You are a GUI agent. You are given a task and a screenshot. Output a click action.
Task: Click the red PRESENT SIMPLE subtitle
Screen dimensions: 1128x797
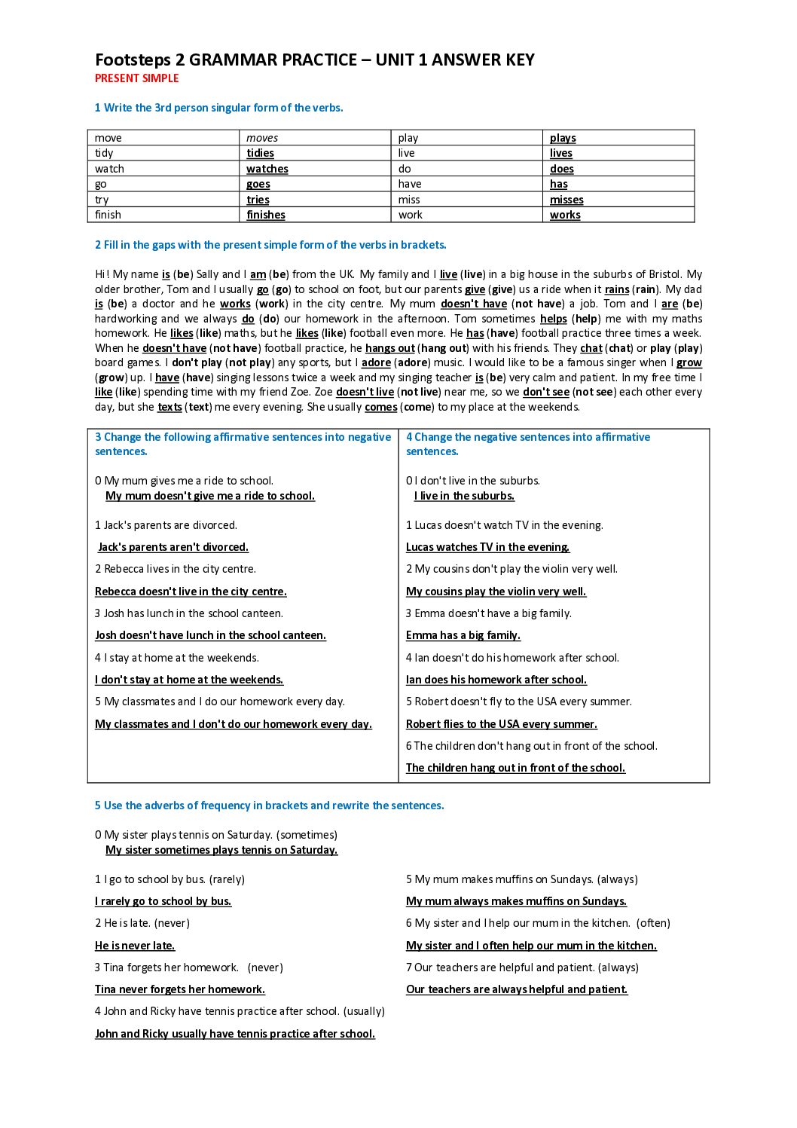[136, 78]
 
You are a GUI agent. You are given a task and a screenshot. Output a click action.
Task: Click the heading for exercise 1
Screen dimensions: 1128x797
[218, 108]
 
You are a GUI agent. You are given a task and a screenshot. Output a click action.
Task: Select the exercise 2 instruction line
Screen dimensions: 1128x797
[270, 245]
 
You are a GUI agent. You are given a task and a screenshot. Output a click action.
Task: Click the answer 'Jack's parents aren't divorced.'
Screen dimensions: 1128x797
[173, 547]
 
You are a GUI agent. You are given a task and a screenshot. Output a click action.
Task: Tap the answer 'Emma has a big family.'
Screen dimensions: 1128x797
[463, 635]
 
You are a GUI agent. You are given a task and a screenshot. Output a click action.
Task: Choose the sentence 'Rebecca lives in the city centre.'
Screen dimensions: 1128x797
[176, 569]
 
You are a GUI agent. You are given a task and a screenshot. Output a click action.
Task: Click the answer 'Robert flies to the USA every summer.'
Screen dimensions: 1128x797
[502, 724]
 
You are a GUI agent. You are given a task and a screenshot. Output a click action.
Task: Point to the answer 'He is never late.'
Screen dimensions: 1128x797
[135, 946]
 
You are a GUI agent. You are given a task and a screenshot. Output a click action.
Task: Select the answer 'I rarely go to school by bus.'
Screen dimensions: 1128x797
[163, 901]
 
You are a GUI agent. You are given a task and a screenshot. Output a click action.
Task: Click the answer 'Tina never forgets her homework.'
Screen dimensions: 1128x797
[180, 989]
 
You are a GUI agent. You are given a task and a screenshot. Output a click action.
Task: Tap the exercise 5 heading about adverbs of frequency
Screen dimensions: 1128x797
[270, 805]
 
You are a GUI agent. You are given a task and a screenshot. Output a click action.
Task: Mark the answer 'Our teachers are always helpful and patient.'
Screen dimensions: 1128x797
[517, 989]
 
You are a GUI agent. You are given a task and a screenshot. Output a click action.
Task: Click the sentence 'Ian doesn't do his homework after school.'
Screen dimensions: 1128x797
[512, 658]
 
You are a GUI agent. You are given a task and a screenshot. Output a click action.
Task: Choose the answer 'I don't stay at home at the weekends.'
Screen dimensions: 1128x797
[189, 680]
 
